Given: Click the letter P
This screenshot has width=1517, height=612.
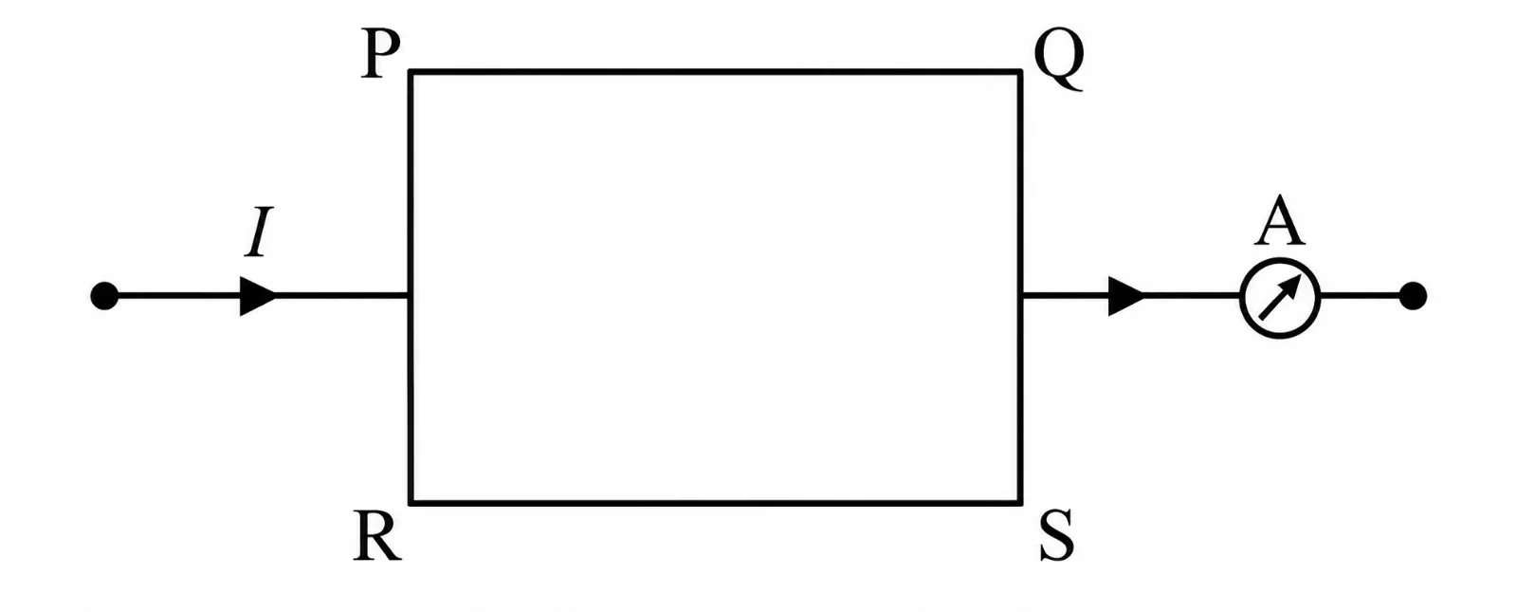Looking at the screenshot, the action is pyautogui.click(x=380, y=55).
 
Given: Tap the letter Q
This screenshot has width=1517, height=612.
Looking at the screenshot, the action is pyautogui.click(x=1059, y=60).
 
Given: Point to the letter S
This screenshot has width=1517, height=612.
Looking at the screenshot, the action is pyautogui.click(x=1056, y=536).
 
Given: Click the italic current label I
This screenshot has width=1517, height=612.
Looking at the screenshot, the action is pyautogui.click(x=259, y=232).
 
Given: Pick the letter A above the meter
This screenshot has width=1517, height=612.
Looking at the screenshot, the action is pyautogui.click(x=1279, y=222).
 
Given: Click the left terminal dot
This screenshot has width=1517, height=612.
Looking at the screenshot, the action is pyautogui.click(x=104, y=296).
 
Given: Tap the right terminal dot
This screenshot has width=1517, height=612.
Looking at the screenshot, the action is pyautogui.click(x=1413, y=296).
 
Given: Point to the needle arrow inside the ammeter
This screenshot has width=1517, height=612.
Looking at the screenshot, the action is pyautogui.click(x=1279, y=298).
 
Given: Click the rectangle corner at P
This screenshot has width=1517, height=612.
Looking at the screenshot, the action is pyautogui.click(x=411, y=71).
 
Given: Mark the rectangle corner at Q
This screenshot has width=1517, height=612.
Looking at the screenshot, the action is pyautogui.click(x=1020, y=71).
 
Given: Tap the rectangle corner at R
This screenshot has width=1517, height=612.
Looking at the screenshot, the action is pyautogui.click(x=411, y=503).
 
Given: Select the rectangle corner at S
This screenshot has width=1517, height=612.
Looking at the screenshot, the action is pyautogui.click(x=1020, y=503).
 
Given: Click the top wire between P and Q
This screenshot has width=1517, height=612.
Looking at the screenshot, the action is pyautogui.click(x=715, y=71).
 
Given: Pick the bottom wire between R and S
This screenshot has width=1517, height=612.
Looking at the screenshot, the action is pyautogui.click(x=715, y=503).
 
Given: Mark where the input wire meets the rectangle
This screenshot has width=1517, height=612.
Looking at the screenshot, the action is pyautogui.click(x=409, y=296).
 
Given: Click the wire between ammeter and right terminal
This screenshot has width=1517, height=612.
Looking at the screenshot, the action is pyautogui.click(x=1360, y=296).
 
